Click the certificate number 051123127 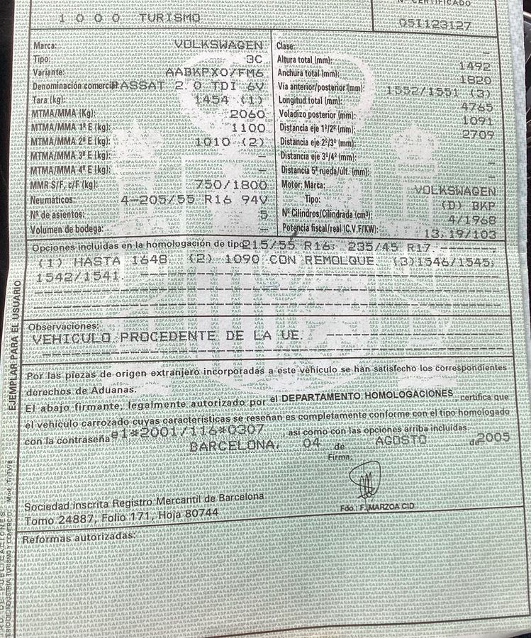(x=435, y=23)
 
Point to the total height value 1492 (x=475, y=65)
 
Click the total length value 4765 (x=476, y=107)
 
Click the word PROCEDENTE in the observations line (x=167, y=337)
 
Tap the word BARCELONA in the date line (x=234, y=445)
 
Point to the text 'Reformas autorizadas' (x=79, y=537)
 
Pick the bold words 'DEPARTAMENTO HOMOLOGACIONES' (x=367, y=397)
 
